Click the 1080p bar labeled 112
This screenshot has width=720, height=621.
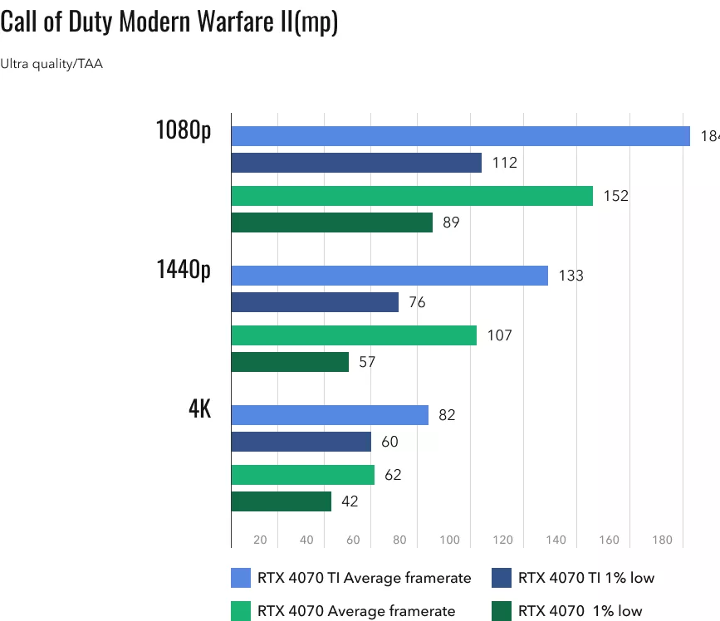point(356,163)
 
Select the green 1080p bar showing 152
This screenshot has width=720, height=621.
point(412,196)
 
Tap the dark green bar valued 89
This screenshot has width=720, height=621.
point(331,222)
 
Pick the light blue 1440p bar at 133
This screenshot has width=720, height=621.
point(389,276)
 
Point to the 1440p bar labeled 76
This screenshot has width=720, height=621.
point(315,302)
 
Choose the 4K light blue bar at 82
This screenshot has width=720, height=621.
point(330,415)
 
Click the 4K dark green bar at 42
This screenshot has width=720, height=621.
point(281,501)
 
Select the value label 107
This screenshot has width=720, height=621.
point(501,335)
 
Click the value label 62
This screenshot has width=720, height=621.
point(394,475)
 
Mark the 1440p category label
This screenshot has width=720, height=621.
point(183,270)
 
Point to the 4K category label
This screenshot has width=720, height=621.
point(199,409)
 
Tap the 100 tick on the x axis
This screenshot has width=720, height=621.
point(449,540)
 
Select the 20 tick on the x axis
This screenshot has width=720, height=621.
point(260,540)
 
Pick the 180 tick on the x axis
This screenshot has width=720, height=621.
point(662,540)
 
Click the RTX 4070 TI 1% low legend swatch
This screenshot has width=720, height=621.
point(502,577)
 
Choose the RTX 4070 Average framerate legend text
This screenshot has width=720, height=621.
point(356,611)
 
